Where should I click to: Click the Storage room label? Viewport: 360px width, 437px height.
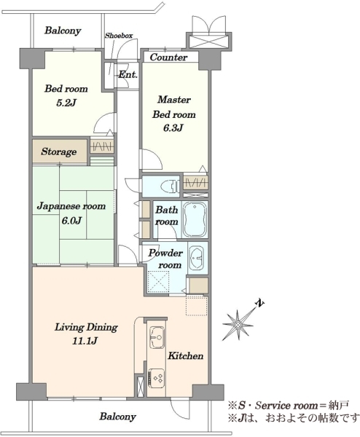click(x=58, y=152)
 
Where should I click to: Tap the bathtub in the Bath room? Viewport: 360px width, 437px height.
click(x=195, y=220)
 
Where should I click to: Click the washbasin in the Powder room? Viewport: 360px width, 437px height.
click(x=197, y=258)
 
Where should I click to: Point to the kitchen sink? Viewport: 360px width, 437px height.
click(x=157, y=337)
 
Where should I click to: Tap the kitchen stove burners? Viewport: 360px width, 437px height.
click(x=156, y=377)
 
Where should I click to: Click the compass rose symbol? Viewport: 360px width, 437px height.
click(x=238, y=325)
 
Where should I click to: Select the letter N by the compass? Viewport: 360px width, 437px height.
click(x=260, y=304)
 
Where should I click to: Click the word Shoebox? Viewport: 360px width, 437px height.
click(x=119, y=36)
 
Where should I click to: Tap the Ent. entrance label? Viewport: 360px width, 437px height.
click(x=128, y=75)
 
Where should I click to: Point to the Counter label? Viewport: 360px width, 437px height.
click(x=168, y=58)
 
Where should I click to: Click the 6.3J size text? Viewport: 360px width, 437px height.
click(x=173, y=128)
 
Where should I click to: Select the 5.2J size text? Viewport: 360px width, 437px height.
click(x=66, y=103)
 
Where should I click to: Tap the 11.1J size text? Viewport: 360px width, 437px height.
click(x=85, y=341)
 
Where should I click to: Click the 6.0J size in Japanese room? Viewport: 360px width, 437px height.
click(x=71, y=221)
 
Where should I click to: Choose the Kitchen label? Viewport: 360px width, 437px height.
click(x=185, y=356)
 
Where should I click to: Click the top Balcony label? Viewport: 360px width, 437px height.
click(x=63, y=31)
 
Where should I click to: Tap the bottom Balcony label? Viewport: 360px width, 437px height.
click(x=117, y=417)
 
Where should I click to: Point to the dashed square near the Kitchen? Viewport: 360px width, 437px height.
click(x=197, y=306)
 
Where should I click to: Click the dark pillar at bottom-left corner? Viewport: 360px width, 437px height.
click(x=31, y=392)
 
